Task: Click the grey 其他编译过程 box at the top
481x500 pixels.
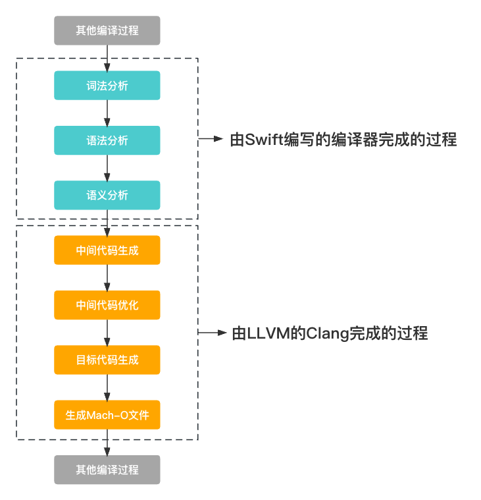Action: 107,30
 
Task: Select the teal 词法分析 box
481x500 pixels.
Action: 107,86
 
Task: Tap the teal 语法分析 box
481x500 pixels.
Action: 107,140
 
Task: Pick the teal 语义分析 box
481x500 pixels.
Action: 107,195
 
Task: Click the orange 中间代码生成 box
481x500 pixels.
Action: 107,250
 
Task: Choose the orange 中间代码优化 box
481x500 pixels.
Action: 107,305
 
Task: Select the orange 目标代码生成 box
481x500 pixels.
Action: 107,360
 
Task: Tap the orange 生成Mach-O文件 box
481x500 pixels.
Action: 107,414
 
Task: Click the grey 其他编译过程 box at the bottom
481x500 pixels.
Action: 107,470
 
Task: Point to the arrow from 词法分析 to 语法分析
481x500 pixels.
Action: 107,113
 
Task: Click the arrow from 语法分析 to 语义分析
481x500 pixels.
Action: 107,168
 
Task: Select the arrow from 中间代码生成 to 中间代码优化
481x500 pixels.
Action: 107,278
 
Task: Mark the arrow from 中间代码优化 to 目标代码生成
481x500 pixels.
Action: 107,333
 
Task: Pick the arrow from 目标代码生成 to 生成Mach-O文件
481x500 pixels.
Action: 107,387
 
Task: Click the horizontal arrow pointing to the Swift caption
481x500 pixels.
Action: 211,139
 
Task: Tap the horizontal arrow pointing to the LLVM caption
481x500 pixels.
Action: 212,333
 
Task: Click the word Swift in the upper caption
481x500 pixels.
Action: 264,140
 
